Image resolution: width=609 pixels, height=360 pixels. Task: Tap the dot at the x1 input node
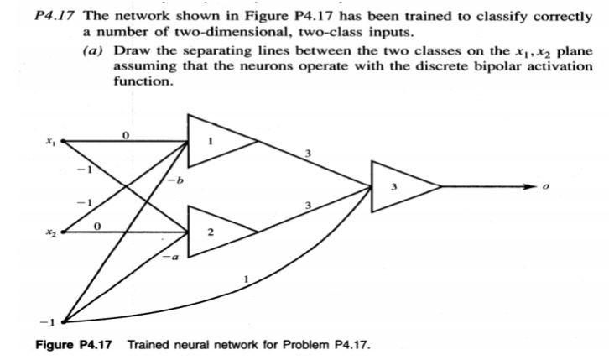point(63,141)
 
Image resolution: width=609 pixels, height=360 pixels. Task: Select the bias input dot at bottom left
point(63,321)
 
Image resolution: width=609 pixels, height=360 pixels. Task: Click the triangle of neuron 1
point(214,142)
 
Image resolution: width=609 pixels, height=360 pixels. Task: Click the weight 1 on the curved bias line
point(244,279)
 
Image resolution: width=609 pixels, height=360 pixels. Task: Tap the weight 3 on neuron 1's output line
point(309,154)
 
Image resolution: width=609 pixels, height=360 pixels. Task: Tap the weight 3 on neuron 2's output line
point(309,206)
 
